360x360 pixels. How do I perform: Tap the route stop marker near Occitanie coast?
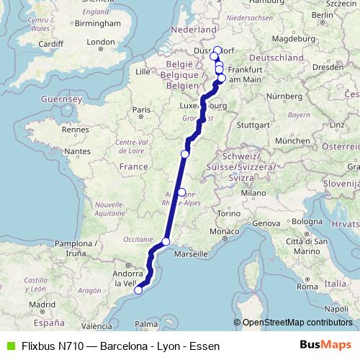click(166, 242)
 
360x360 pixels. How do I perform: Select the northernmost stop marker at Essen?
click(217, 50)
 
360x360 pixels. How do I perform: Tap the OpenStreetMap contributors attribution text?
click(297, 322)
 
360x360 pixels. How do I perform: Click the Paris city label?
click(141, 109)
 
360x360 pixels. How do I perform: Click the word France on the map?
click(132, 166)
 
